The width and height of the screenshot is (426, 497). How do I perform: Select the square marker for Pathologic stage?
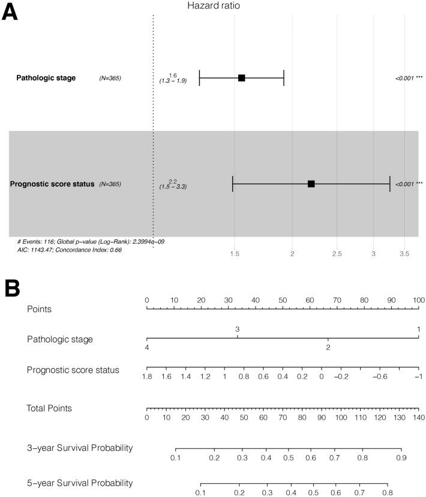tap(241, 78)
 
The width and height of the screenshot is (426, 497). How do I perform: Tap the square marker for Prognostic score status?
tap(311, 184)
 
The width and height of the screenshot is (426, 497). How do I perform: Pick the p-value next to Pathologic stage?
tap(409, 79)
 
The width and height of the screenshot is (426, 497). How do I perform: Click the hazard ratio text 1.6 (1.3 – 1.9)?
tap(173, 78)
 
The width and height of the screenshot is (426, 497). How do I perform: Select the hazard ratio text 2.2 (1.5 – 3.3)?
tap(173, 184)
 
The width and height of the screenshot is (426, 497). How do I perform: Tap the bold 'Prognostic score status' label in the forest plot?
tap(52, 184)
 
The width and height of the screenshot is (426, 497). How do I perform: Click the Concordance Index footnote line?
tap(70, 250)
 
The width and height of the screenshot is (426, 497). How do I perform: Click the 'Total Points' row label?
tap(49, 408)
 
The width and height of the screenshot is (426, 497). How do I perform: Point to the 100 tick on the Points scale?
tap(418, 299)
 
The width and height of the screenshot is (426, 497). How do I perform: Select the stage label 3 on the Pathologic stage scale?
tap(238, 330)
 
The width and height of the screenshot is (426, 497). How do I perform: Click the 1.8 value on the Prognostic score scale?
tap(148, 376)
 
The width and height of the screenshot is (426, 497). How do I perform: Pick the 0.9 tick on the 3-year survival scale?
tap(401, 457)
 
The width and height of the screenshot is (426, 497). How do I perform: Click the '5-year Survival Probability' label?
tap(79, 483)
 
